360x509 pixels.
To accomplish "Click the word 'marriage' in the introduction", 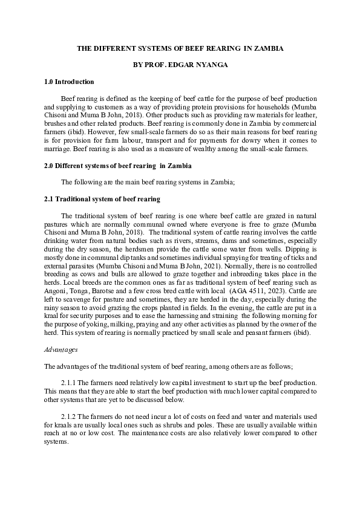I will [59, 149].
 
